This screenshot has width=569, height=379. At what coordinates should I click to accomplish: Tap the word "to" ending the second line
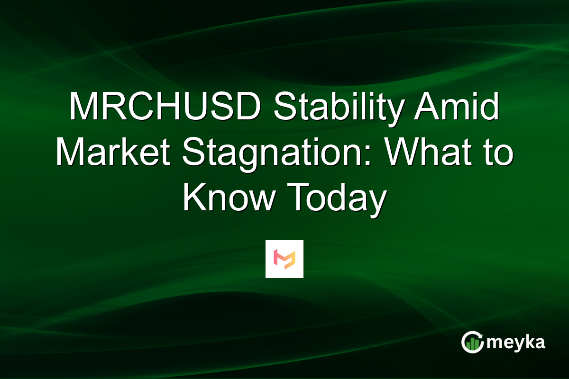(498, 154)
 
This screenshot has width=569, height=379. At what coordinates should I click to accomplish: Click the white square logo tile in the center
(284, 259)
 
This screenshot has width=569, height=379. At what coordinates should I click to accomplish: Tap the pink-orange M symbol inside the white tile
(284, 259)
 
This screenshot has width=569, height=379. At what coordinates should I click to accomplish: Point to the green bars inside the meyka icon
(471, 345)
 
